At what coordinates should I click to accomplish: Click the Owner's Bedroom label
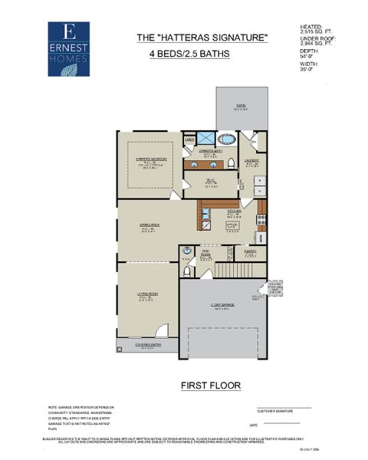pos(150,161)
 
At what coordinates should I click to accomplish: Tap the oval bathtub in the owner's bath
pos(228,140)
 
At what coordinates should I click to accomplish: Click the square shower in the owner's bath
pos(205,139)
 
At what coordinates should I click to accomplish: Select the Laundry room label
pos(251,161)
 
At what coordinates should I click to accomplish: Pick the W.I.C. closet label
pos(210,181)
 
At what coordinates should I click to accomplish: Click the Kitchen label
pos(235,212)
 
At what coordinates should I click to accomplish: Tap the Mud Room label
pos(206,252)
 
